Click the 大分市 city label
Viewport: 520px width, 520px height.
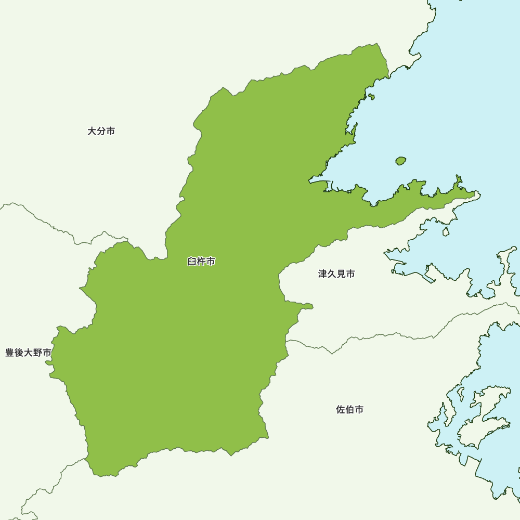pyautogui.click(x=101, y=132)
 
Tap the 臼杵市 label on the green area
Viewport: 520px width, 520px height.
pyautogui.click(x=201, y=262)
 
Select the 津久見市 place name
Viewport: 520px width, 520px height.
pyautogui.click(x=336, y=274)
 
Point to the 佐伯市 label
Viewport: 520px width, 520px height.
pyautogui.click(x=350, y=410)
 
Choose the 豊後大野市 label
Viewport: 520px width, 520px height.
pyautogui.click(x=29, y=353)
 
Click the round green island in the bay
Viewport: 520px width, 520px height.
pyautogui.click(x=400, y=161)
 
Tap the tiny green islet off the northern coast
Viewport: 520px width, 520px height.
pyautogui.click(x=371, y=97)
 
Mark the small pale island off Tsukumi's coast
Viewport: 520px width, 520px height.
pyautogui.click(x=446, y=231)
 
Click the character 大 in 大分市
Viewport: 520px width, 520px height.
pyautogui.click(x=92, y=132)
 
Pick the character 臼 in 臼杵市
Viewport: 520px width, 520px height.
pyautogui.click(x=192, y=262)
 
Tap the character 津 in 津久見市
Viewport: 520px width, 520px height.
pyautogui.click(x=323, y=274)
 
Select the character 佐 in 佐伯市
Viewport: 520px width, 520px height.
pyautogui.click(x=341, y=410)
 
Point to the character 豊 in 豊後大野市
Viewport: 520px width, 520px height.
pyautogui.click(x=10, y=353)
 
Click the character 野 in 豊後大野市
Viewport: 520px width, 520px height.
pyautogui.click(x=38, y=353)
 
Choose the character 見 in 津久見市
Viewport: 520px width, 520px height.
pyautogui.click(x=341, y=274)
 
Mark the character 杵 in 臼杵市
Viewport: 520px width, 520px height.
pyautogui.click(x=201, y=262)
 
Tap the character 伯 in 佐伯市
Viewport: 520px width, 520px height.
pyautogui.click(x=350, y=410)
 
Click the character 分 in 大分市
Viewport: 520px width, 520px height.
pyautogui.click(x=101, y=132)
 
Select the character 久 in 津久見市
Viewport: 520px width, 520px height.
pyautogui.click(x=332, y=274)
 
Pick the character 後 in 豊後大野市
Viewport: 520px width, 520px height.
pyautogui.click(x=19, y=353)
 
